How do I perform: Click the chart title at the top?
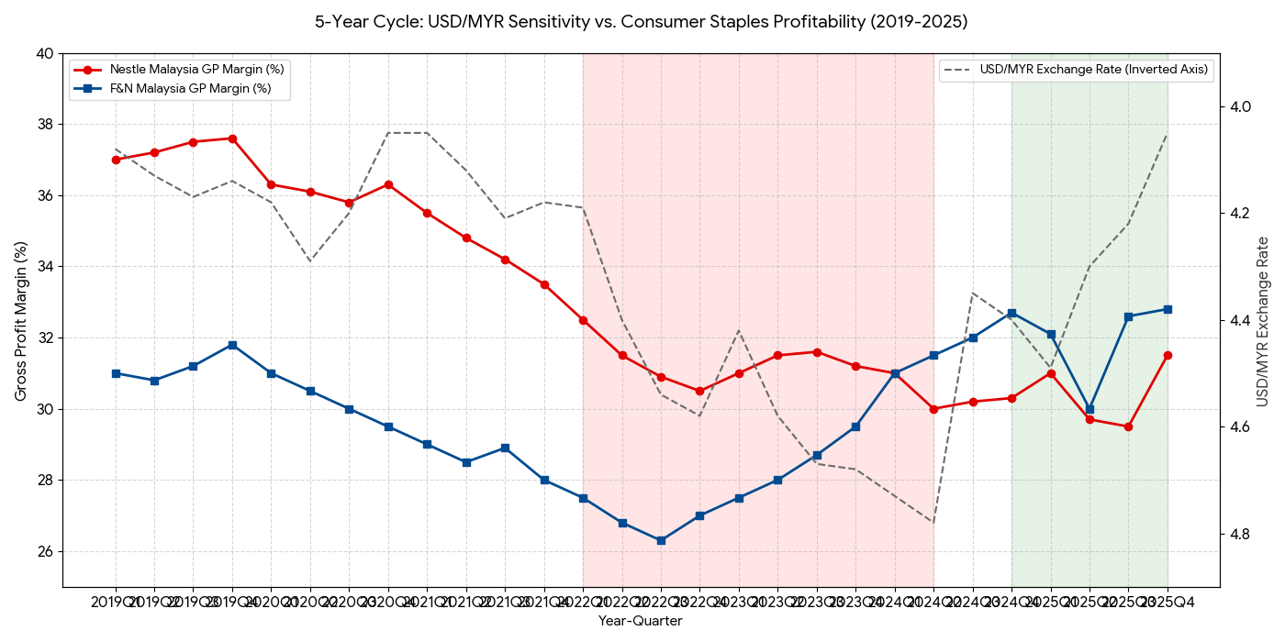tap(641, 21)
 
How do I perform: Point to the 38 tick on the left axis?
tap(45, 125)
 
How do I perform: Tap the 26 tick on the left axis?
tap(45, 551)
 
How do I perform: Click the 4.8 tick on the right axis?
tap(1240, 534)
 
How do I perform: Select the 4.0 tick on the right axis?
tap(1240, 107)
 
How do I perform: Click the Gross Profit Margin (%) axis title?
tap(20, 321)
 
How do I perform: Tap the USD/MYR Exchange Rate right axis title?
tap(1263, 321)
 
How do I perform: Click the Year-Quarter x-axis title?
tap(641, 621)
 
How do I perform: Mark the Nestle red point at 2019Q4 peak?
tap(232, 138)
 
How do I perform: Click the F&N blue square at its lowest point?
tap(661, 540)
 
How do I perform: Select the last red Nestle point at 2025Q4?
tap(1168, 355)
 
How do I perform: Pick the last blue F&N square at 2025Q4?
tap(1168, 309)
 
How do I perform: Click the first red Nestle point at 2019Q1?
tap(116, 160)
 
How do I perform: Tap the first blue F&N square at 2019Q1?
tap(116, 373)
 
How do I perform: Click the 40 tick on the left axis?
tap(45, 53)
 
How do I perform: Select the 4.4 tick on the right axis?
tap(1240, 320)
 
